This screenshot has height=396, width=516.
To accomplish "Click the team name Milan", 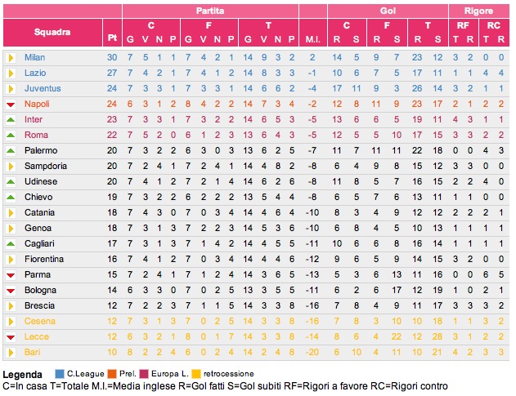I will (x=34, y=57).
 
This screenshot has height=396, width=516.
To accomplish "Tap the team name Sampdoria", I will (x=46, y=166).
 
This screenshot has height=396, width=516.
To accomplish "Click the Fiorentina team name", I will (x=44, y=259).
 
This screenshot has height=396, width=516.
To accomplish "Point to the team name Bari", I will (x=32, y=352).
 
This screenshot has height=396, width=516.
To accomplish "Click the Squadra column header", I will (x=52, y=33).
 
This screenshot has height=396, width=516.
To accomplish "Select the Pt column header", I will (x=112, y=38).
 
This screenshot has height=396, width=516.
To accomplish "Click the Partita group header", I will (x=211, y=11).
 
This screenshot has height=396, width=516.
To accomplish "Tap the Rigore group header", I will (x=478, y=11).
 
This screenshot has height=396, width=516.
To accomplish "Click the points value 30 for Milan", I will (x=112, y=57).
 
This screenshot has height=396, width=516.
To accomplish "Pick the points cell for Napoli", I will (x=112, y=104).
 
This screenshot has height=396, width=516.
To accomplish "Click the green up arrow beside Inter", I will (x=11, y=119).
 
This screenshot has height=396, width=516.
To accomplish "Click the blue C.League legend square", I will (x=59, y=374).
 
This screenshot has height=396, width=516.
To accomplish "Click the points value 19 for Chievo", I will (x=112, y=197).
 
